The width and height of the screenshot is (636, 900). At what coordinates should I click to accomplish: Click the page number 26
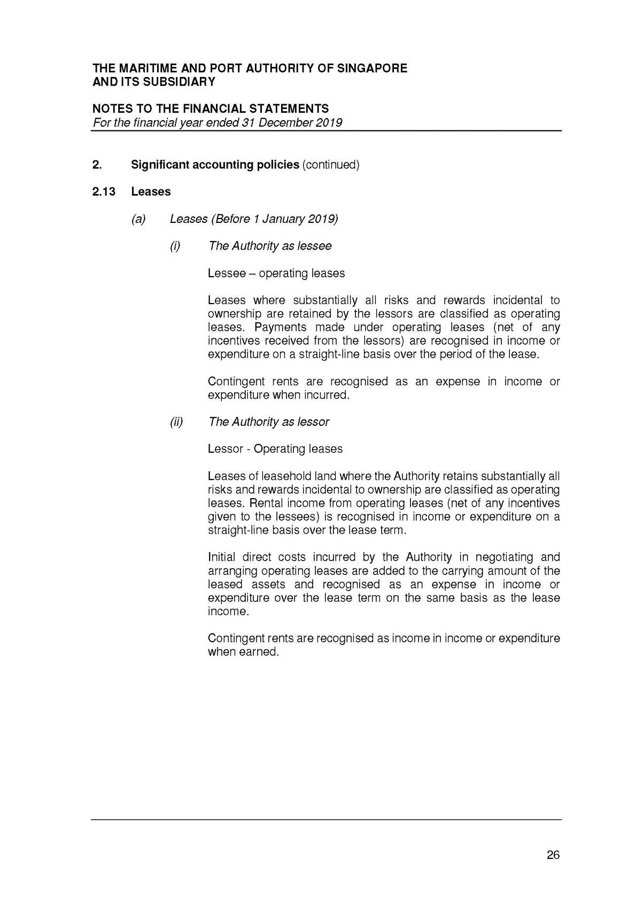pyautogui.click(x=553, y=855)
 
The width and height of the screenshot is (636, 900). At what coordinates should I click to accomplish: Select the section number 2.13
pyautogui.click(x=104, y=192)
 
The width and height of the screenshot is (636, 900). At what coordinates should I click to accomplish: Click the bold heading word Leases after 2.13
pyautogui.click(x=151, y=192)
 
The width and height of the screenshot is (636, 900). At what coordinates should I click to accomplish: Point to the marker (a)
pyautogui.click(x=138, y=219)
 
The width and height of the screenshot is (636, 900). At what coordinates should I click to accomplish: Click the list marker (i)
pyautogui.click(x=175, y=246)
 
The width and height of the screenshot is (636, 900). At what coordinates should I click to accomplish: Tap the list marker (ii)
pyautogui.click(x=176, y=422)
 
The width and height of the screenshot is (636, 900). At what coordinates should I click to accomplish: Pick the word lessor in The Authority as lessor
pyautogui.click(x=313, y=422)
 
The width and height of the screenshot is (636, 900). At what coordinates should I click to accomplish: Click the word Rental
pyautogui.click(x=267, y=503)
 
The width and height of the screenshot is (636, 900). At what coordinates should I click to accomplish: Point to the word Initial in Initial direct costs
pyautogui.click(x=221, y=557)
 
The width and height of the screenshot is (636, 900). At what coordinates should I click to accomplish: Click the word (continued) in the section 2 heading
pyautogui.click(x=331, y=165)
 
